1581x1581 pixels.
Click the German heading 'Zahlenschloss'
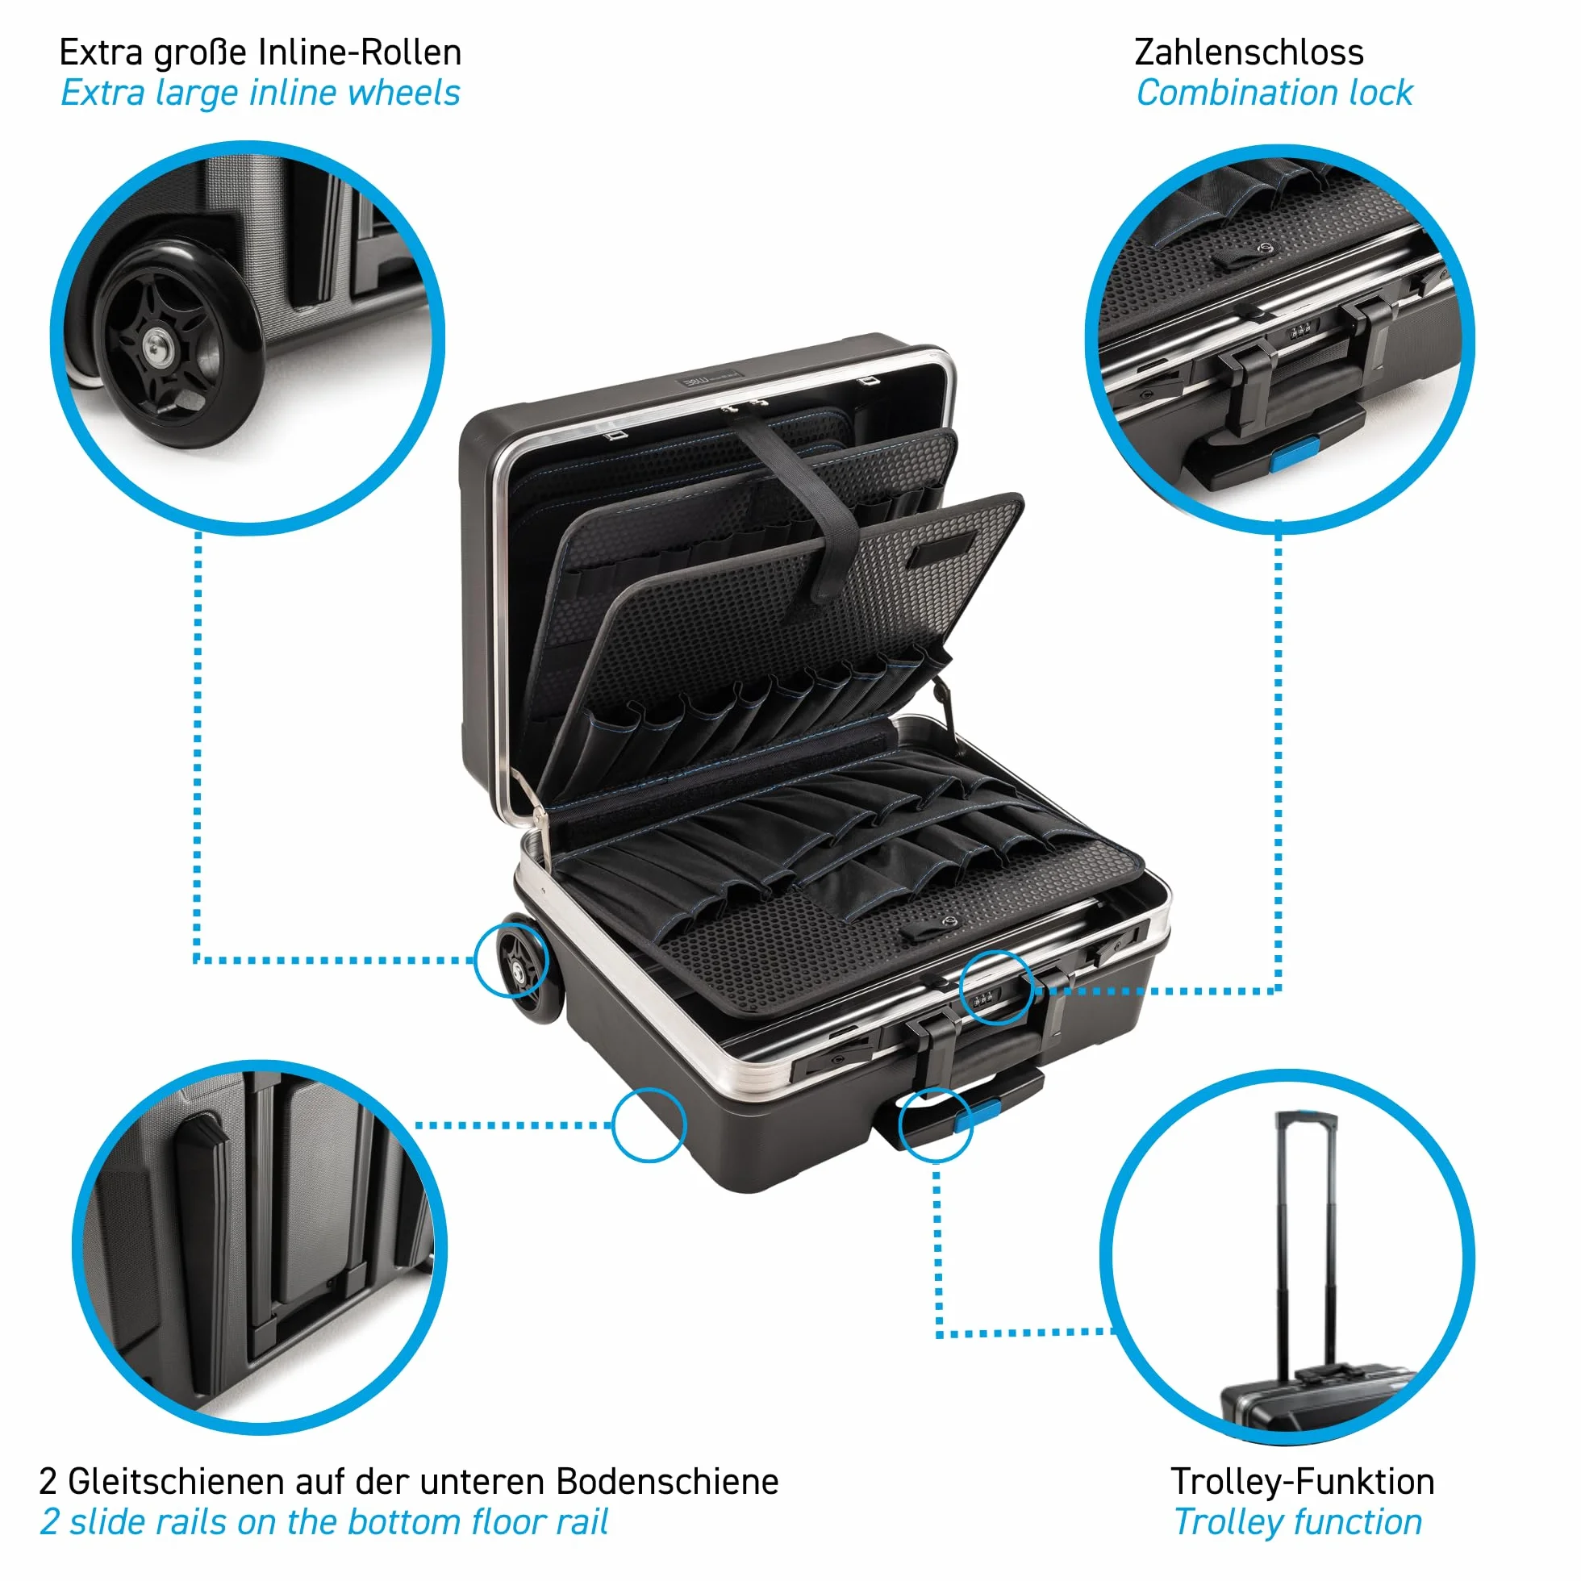click(1249, 53)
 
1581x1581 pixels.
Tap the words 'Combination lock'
click(1274, 94)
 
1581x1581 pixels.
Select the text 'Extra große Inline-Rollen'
click(261, 53)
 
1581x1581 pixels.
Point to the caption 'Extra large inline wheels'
click(261, 94)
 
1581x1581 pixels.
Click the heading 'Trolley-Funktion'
click(1303, 1481)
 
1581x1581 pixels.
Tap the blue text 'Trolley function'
click(1298, 1522)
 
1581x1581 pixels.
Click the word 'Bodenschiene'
click(668, 1481)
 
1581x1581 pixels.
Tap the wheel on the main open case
click(526, 967)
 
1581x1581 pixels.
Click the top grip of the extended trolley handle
click(1307, 1117)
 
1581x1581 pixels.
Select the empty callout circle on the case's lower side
click(649, 1124)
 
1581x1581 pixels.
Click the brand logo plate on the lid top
click(710, 380)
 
